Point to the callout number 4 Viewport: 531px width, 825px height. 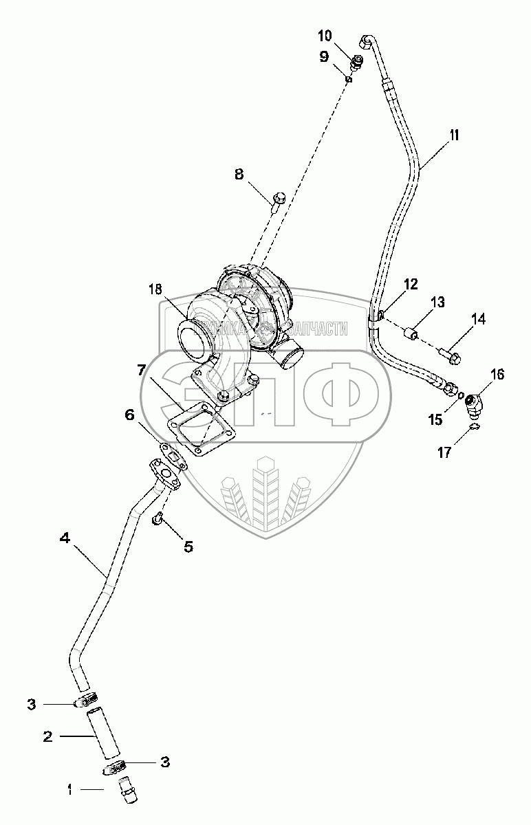pos(65,540)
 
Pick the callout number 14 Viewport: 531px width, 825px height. pos(477,318)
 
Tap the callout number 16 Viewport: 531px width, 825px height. pos(497,375)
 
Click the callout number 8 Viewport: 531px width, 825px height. pos(239,175)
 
